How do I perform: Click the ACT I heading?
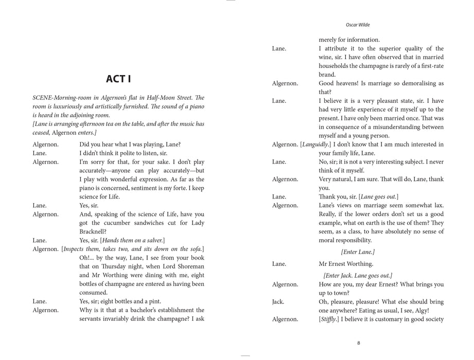[x=118, y=79]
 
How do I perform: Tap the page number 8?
[x=358, y=343]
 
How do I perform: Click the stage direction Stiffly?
[x=331, y=319]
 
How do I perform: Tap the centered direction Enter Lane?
[x=358, y=251]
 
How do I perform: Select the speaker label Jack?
[x=278, y=302]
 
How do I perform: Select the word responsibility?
[x=349, y=240]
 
